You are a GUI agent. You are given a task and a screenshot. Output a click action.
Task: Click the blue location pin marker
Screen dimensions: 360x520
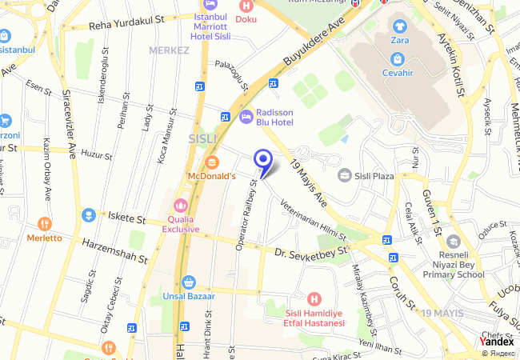[x=262, y=160]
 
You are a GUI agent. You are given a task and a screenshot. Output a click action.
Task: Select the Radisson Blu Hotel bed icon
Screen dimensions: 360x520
[x=246, y=117]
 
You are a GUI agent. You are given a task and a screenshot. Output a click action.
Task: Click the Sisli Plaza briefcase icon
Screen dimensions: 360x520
[x=344, y=175]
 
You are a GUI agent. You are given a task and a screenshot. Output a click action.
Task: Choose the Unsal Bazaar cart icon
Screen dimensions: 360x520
[x=188, y=282]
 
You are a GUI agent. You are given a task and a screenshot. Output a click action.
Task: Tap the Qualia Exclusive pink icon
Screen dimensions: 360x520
[x=180, y=205]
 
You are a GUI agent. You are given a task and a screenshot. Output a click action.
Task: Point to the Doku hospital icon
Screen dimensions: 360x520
[x=246, y=5]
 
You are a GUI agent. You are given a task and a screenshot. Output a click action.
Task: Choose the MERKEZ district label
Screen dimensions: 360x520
[x=169, y=50]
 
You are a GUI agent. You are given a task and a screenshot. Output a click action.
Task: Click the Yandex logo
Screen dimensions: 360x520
[x=497, y=341]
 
